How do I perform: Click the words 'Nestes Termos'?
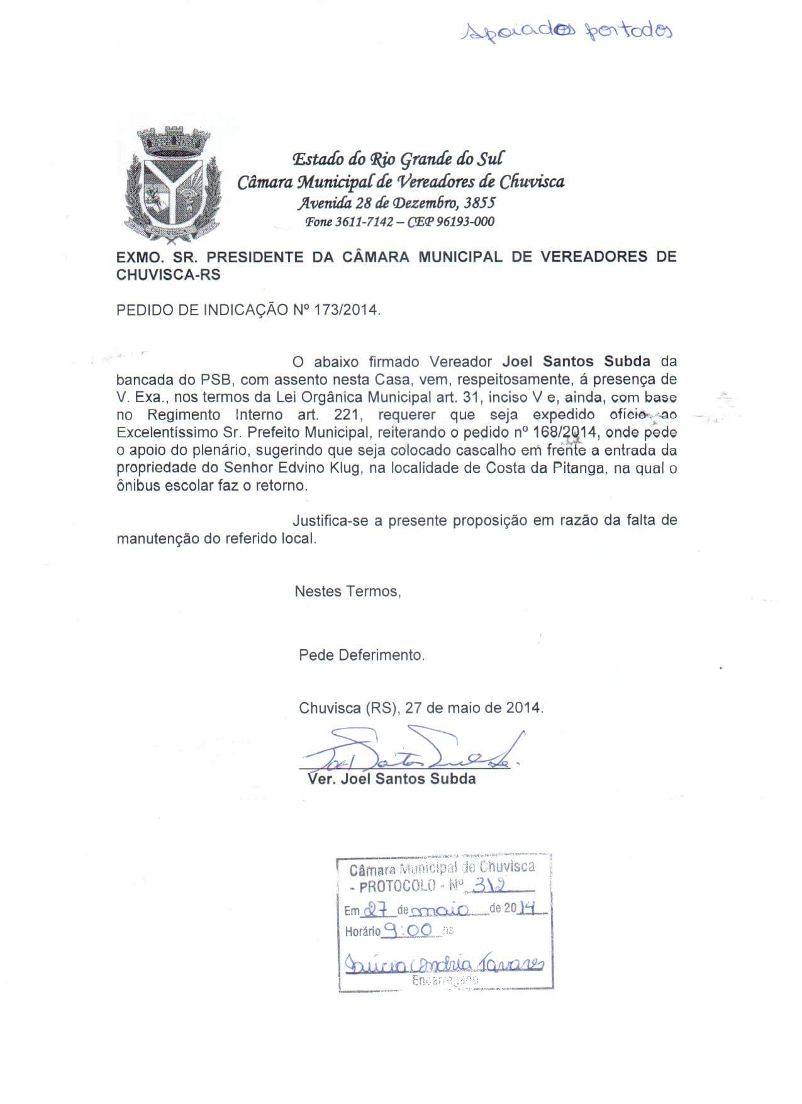click(x=347, y=591)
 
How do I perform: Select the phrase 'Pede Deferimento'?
click(x=362, y=655)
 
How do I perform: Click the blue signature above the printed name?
click(x=409, y=752)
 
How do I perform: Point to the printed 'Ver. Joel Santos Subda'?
click(x=391, y=779)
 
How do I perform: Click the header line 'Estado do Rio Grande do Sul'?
click(x=399, y=159)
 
